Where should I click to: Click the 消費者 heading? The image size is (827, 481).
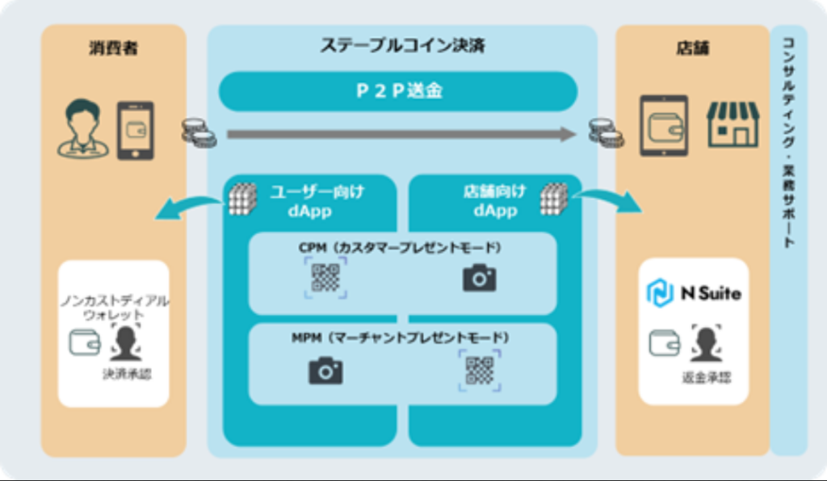pyautogui.click(x=113, y=48)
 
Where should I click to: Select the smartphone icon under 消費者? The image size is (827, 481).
pyautogui.click(x=136, y=129)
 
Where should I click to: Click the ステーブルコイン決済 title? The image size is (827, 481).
pyautogui.click(x=402, y=44)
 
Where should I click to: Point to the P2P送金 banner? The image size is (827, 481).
pyautogui.click(x=398, y=91)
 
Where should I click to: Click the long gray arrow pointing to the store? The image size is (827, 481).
pyautogui.click(x=401, y=134)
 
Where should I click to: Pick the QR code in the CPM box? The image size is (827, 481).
pyautogui.click(x=325, y=278)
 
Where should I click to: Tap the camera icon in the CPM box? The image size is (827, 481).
pyautogui.click(x=479, y=278)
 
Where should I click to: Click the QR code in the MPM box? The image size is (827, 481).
pyautogui.click(x=479, y=370)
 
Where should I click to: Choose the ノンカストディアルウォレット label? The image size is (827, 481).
pyautogui.click(x=114, y=307)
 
